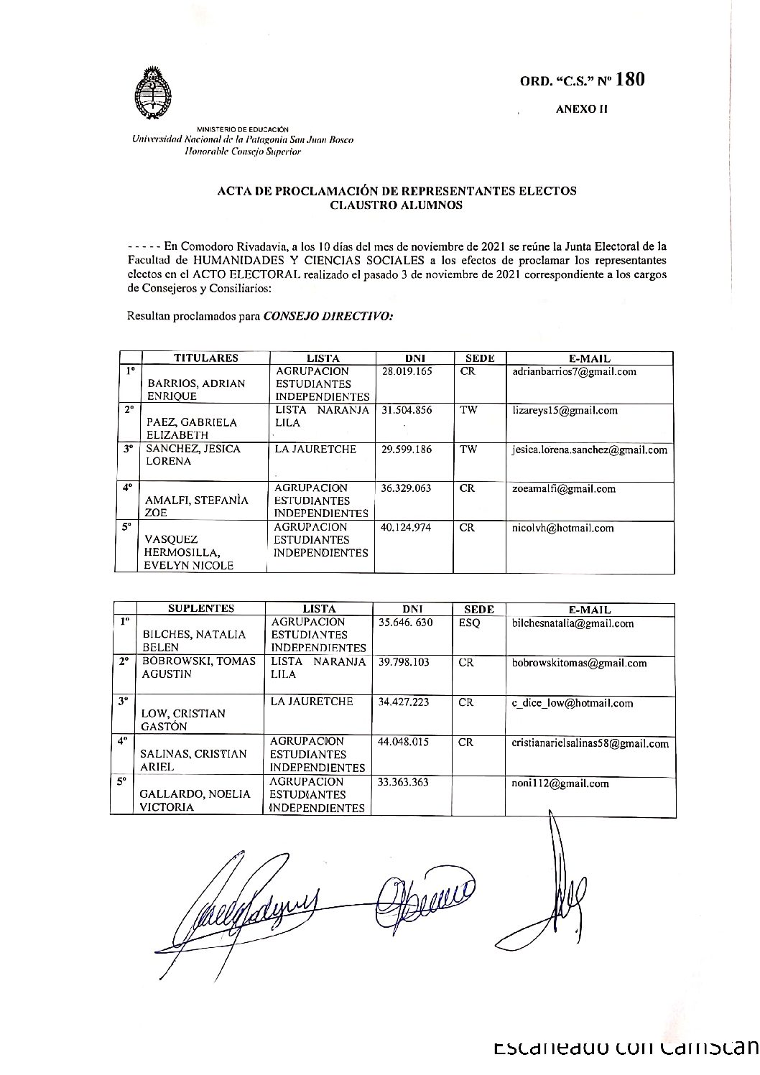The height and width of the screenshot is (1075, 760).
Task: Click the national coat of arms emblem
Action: (x=153, y=95)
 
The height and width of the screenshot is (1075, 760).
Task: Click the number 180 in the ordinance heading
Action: (x=629, y=80)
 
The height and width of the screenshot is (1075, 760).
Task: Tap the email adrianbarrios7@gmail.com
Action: (x=575, y=372)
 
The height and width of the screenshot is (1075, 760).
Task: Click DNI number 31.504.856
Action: (x=404, y=411)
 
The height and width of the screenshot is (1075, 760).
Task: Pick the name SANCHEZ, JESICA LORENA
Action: (x=193, y=455)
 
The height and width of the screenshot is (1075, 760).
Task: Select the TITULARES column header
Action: (x=205, y=358)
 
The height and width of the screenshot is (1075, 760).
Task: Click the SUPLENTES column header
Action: (x=201, y=608)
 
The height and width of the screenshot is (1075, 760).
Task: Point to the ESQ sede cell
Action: (x=469, y=623)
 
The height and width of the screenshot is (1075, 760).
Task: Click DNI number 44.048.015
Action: (x=404, y=742)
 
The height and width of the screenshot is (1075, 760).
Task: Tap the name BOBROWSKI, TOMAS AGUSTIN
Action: (x=199, y=669)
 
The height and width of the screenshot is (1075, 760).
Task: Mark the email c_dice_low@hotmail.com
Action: (x=572, y=703)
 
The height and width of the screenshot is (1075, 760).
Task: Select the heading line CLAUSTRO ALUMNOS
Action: (x=397, y=205)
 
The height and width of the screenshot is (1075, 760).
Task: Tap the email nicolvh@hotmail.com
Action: (x=563, y=529)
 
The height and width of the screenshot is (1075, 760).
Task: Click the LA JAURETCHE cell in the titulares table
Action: (x=310, y=450)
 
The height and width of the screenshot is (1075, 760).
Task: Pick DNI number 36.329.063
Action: (x=404, y=489)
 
